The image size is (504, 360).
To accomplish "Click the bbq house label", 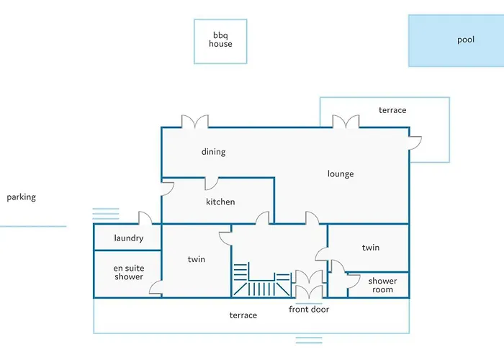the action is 220,40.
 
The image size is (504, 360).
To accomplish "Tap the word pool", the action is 466,40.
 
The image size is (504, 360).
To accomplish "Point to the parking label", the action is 21,197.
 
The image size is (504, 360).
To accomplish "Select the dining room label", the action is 213,152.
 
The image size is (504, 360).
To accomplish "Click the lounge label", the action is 341,174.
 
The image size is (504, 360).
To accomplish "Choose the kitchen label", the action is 220,202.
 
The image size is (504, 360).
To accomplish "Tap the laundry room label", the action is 129,238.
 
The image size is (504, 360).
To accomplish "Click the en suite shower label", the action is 129,272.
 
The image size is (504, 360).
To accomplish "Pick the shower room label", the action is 382,285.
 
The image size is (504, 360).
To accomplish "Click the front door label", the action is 309,309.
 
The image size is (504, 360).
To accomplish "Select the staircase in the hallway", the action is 262,279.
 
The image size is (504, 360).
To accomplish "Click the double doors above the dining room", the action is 195,122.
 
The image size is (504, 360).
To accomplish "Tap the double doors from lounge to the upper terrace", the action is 346,122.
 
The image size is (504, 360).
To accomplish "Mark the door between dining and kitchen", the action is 212,184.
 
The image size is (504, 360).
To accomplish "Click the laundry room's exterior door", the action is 145,218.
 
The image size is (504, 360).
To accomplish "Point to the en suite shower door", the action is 156,287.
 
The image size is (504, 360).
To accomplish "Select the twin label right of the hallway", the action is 371,248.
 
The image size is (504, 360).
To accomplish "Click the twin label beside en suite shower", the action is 197,259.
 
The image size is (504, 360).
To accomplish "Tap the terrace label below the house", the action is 243,315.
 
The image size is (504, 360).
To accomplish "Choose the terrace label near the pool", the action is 392,110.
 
